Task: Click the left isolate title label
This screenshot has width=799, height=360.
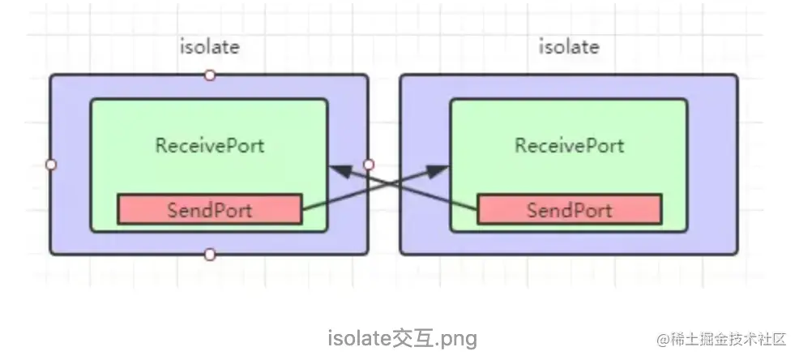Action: tap(209, 46)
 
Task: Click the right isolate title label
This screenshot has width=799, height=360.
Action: tap(570, 46)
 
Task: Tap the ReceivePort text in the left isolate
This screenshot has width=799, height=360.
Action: tap(210, 146)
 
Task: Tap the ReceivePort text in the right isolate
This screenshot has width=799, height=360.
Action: tap(570, 146)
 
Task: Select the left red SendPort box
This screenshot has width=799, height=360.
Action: tap(209, 210)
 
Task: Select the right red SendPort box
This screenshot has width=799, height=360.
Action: tap(569, 210)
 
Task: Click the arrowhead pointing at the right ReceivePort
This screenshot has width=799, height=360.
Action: tap(438, 169)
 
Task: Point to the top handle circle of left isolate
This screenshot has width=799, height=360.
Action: tap(210, 75)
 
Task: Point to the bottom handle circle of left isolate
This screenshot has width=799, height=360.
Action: tap(210, 255)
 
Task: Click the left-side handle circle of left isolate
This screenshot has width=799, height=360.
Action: tap(51, 165)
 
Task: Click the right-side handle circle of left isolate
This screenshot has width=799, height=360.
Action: tap(369, 165)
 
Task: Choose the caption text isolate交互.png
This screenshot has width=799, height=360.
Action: tap(402, 337)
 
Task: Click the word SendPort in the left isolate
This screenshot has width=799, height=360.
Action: tap(209, 210)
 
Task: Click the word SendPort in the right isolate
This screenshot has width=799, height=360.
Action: tap(569, 210)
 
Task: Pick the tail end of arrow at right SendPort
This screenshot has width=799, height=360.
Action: tap(478, 210)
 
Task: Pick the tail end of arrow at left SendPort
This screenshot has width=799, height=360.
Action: tap(301, 210)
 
